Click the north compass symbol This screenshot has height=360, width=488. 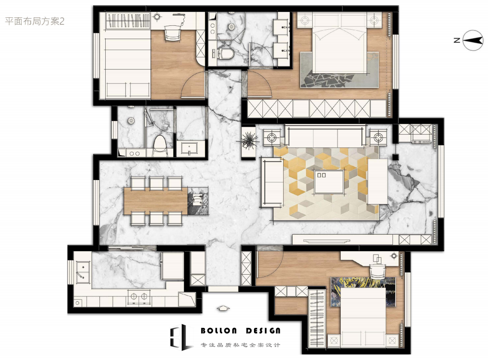click(x=473, y=40)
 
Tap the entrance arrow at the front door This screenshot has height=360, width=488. click(x=223, y=308)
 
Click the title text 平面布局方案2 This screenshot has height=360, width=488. click(x=35, y=21)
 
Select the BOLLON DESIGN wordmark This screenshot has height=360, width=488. click(x=240, y=330)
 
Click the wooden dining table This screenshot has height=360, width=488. click(x=155, y=200)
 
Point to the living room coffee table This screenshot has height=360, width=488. click(x=329, y=182)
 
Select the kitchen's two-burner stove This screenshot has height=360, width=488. click(x=139, y=297)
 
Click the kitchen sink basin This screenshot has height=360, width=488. click(x=82, y=272)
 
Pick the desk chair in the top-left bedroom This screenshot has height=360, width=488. click(x=172, y=33)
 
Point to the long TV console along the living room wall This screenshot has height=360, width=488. click(x=342, y=240)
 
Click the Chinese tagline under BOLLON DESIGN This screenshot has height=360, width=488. click(x=240, y=345)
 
